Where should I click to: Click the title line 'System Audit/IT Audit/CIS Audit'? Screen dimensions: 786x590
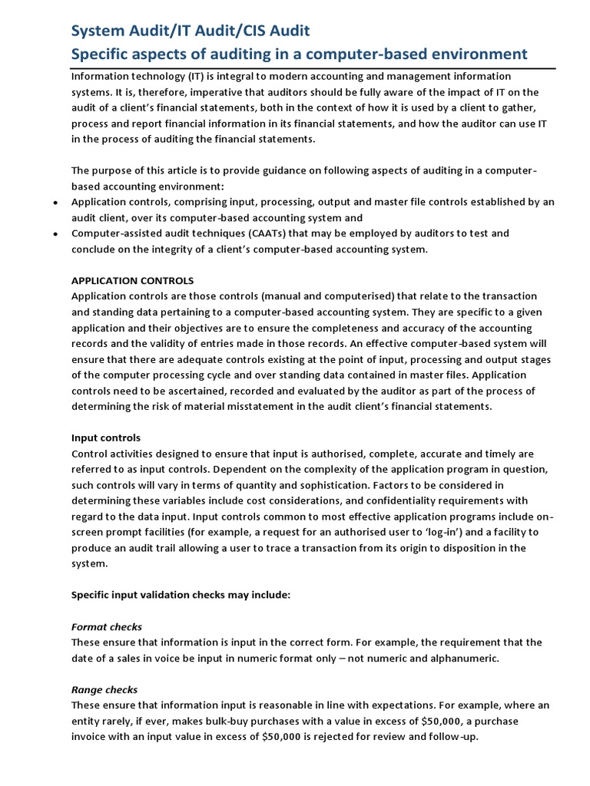coord(191,31)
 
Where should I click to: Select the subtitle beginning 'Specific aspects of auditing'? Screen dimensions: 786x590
coord(300,54)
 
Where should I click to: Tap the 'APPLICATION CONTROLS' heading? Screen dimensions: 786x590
coord(132,280)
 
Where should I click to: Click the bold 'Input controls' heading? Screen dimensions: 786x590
coord(106,438)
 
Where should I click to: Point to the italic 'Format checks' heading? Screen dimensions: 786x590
coord(107,627)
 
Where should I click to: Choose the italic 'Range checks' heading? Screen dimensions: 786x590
coord(104,690)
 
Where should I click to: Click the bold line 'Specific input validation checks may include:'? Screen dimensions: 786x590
coord(181,595)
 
